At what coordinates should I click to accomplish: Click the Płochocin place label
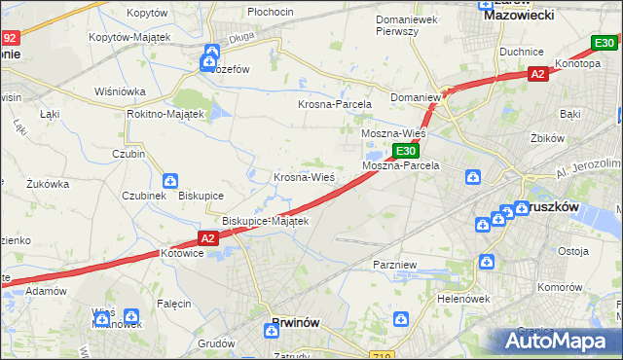click(271, 11)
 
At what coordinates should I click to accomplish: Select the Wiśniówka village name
click(120, 91)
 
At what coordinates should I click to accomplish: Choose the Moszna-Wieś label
click(393, 133)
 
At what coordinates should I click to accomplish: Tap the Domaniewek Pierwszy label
click(410, 25)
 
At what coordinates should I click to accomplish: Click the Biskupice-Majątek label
click(266, 221)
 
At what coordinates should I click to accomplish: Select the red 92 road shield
click(9, 38)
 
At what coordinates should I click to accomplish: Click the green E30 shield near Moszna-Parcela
click(406, 151)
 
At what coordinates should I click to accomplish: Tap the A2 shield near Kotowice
click(209, 237)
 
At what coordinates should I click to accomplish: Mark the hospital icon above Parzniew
click(486, 262)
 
